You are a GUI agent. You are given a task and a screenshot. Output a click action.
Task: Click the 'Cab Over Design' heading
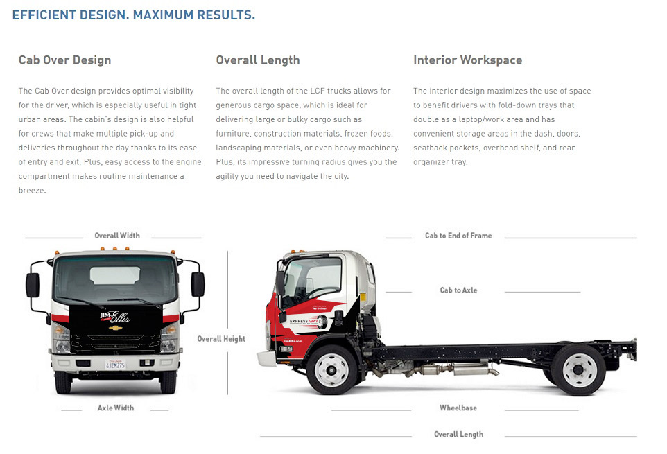click(x=64, y=60)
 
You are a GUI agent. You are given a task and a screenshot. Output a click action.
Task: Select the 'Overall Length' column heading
click(x=258, y=60)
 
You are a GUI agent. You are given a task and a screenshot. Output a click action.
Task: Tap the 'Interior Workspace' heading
click(x=467, y=60)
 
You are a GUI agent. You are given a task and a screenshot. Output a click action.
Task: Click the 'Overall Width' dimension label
click(x=117, y=236)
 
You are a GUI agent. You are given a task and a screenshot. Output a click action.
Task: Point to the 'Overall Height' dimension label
click(x=221, y=339)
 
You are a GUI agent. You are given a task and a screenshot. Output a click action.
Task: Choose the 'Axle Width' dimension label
click(x=116, y=408)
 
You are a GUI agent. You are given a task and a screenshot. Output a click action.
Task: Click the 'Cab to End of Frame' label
click(x=458, y=236)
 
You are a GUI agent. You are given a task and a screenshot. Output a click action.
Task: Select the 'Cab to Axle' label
click(x=458, y=290)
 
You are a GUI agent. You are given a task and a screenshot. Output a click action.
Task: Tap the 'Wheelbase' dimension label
click(x=458, y=408)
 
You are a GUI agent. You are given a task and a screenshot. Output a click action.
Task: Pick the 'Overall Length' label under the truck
click(x=458, y=435)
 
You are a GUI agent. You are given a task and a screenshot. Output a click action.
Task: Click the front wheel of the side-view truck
click(x=332, y=369)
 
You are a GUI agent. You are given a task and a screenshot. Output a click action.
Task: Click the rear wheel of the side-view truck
click(x=579, y=369)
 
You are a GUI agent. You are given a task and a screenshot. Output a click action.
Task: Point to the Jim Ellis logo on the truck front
click(x=115, y=317)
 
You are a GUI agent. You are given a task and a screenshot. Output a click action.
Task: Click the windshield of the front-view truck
click(x=115, y=279)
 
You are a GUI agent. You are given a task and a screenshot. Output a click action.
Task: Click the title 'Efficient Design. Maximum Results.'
click(x=134, y=15)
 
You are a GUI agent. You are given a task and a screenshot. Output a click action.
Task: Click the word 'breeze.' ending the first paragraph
click(x=32, y=191)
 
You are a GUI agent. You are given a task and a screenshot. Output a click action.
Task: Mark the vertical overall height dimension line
click(x=227, y=291)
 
